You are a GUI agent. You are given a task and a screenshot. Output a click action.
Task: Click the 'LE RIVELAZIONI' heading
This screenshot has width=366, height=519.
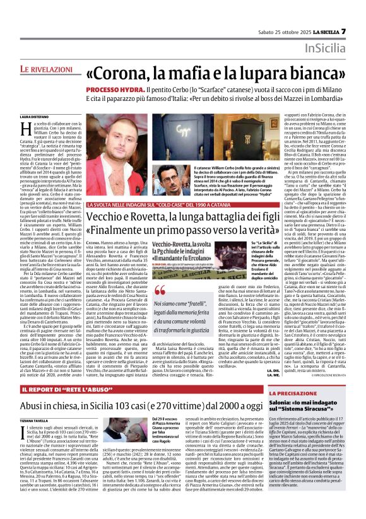tap(47, 67)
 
